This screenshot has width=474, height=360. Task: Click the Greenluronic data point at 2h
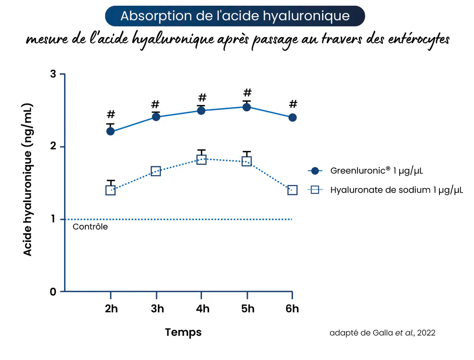[x=110, y=131]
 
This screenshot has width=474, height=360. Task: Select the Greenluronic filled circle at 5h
[x=246, y=107]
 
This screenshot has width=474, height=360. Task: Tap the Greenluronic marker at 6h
[x=292, y=117]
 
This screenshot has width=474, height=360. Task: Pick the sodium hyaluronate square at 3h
[x=156, y=171]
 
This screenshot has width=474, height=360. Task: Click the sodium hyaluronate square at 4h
[x=201, y=160]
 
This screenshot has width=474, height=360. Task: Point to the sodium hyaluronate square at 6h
[x=292, y=190]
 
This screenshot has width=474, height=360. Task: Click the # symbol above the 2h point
[x=111, y=114]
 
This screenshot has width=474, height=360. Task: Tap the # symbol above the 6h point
[x=293, y=104]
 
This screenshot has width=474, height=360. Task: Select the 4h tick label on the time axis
[x=202, y=309]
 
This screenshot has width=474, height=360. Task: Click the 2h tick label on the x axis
[x=111, y=309]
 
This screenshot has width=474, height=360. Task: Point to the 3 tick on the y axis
[x=53, y=74]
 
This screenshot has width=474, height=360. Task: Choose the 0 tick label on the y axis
[x=53, y=292]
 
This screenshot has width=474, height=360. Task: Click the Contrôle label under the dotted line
[x=90, y=227]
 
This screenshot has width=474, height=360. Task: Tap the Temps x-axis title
[x=183, y=332]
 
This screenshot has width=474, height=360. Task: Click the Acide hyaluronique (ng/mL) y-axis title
[x=28, y=179]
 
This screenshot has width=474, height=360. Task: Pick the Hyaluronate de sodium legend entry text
[x=396, y=190]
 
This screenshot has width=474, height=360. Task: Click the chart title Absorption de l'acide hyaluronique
[x=235, y=16]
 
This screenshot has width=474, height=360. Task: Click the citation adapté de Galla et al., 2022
[x=382, y=333]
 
